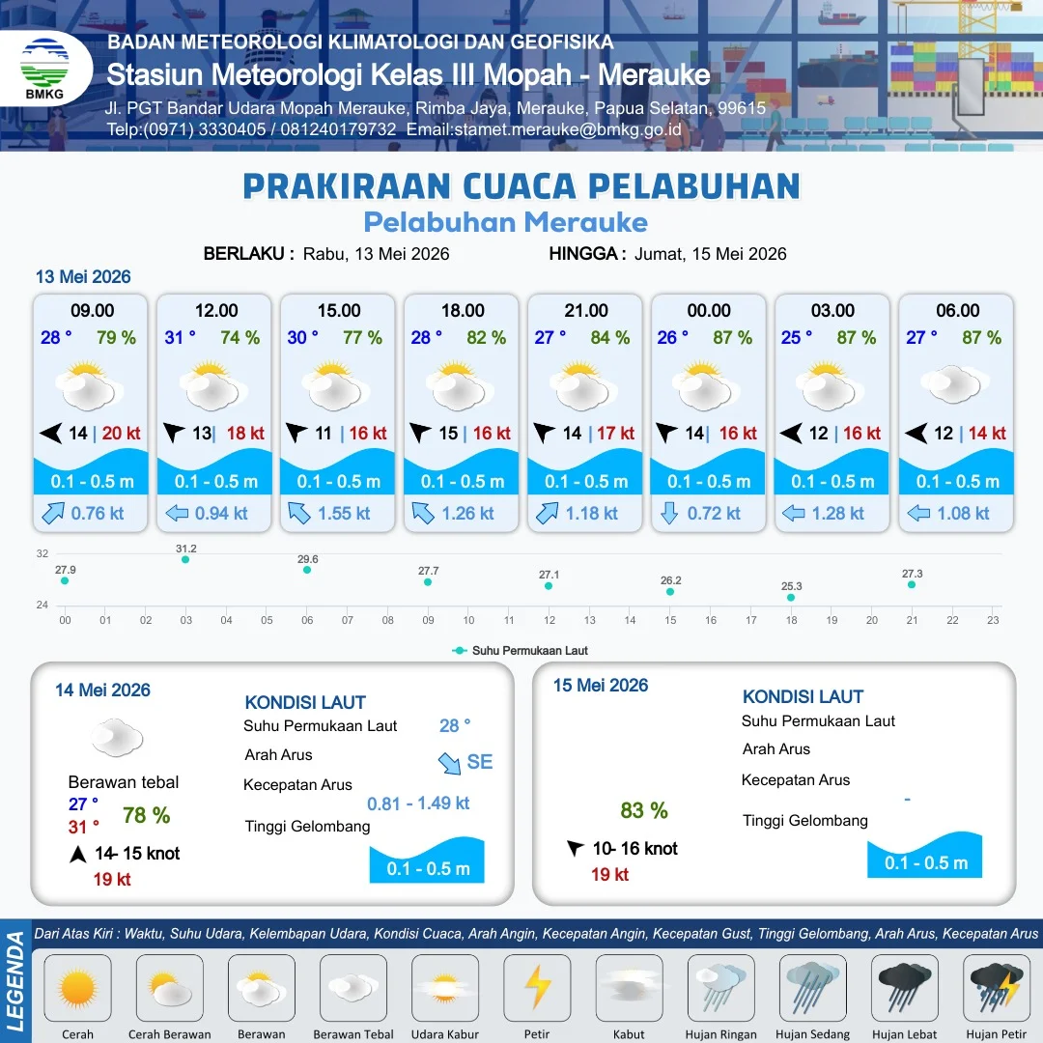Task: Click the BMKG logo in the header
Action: tap(44, 69)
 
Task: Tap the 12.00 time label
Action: tap(216, 311)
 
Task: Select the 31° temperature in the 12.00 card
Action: tap(181, 337)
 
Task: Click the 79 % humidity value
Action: tap(117, 337)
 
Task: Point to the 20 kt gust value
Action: tap(121, 433)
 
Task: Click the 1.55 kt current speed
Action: tap(345, 514)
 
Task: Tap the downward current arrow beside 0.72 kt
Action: tap(669, 513)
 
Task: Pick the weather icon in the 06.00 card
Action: tap(954, 384)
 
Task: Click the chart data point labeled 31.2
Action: tap(185, 559)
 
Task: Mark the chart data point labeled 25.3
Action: tap(791, 598)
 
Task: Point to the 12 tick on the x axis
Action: tap(550, 620)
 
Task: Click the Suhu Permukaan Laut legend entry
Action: tap(521, 651)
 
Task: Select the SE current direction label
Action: tap(480, 762)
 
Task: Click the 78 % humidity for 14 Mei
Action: tap(147, 815)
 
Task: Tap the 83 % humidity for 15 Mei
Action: tap(644, 810)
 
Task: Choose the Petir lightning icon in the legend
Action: tap(538, 987)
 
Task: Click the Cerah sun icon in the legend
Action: tap(77, 987)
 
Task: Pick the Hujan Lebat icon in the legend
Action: tap(905, 987)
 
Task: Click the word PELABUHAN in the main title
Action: tap(694, 186)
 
